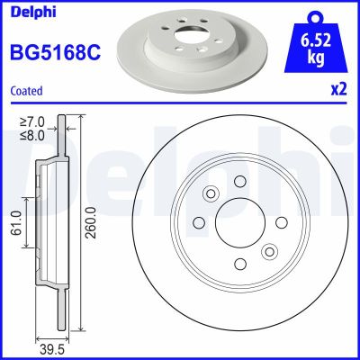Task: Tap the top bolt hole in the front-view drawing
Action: click(240, 182)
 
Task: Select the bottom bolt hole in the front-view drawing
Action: click(239, 263)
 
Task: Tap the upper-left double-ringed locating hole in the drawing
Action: click(211, 193)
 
